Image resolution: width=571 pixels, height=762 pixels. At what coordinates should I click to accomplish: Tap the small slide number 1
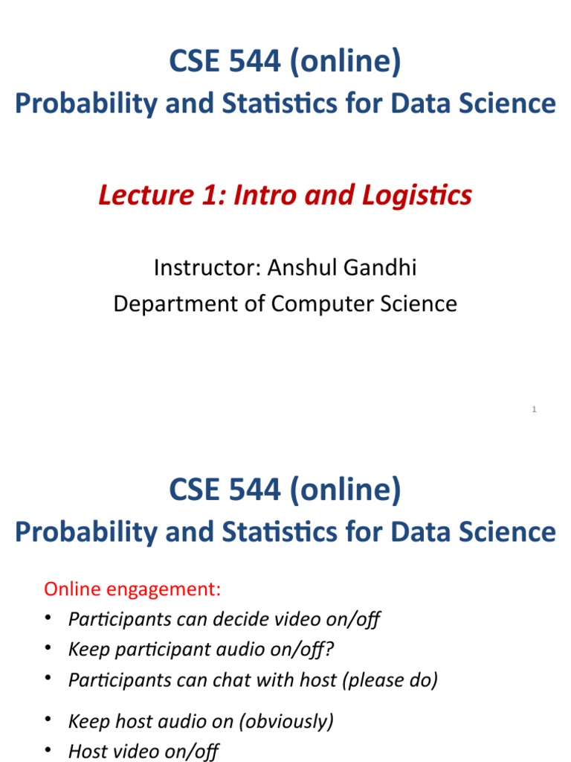[x=535, y=410]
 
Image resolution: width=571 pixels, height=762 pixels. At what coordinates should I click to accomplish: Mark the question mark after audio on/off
[x=330, y=650]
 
